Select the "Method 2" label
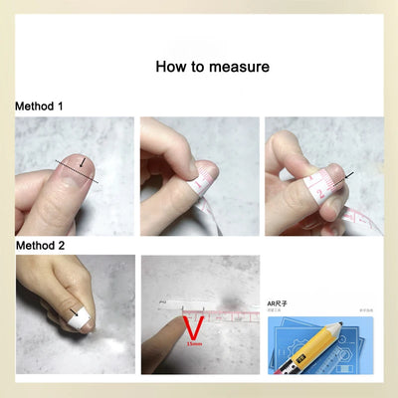click(x=37, y=244)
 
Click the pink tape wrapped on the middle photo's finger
click(x=205, y=184)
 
